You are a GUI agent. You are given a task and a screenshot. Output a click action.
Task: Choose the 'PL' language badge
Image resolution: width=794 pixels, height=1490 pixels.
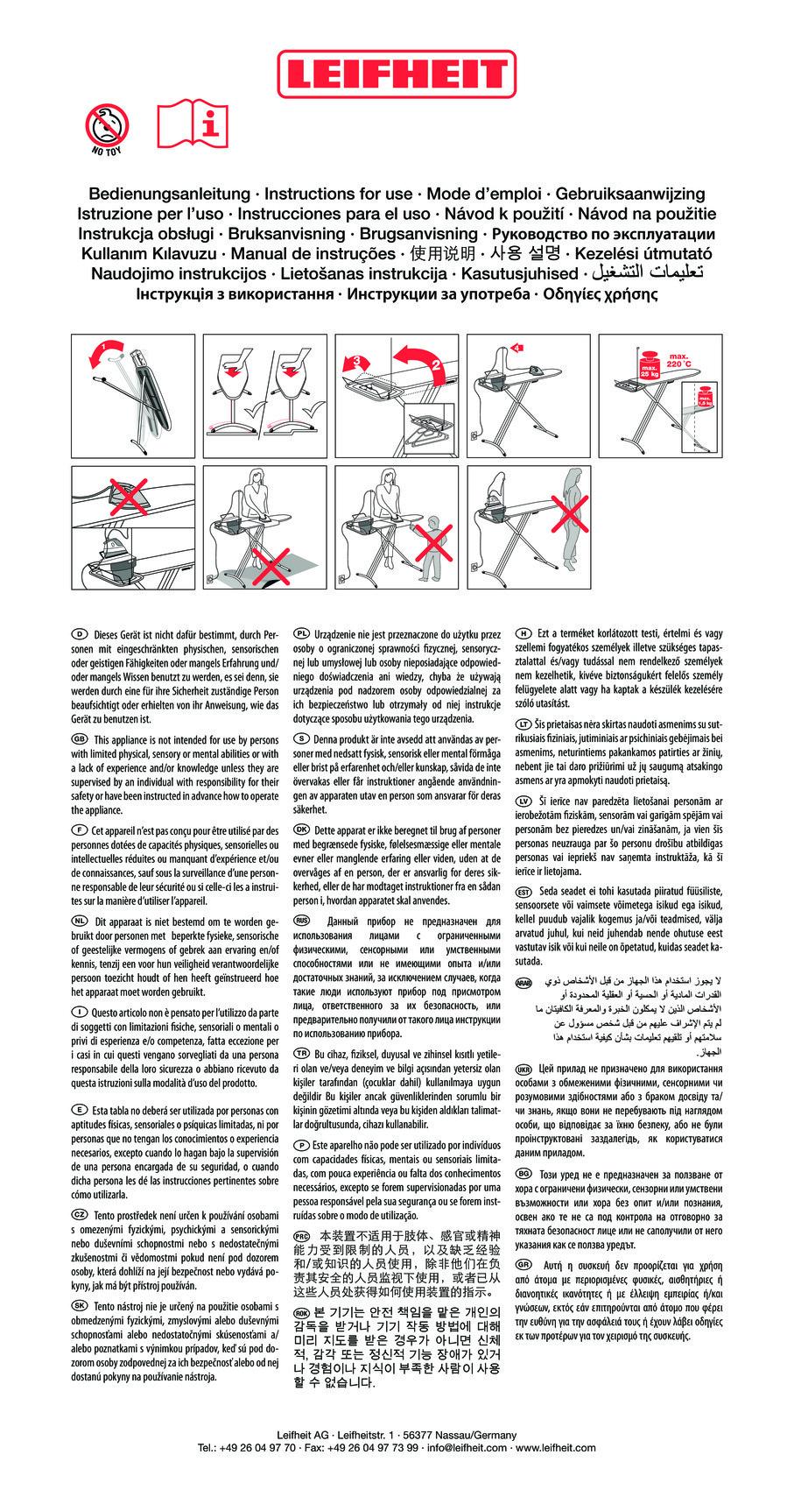pyautogui.click(x=301, y=633)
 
